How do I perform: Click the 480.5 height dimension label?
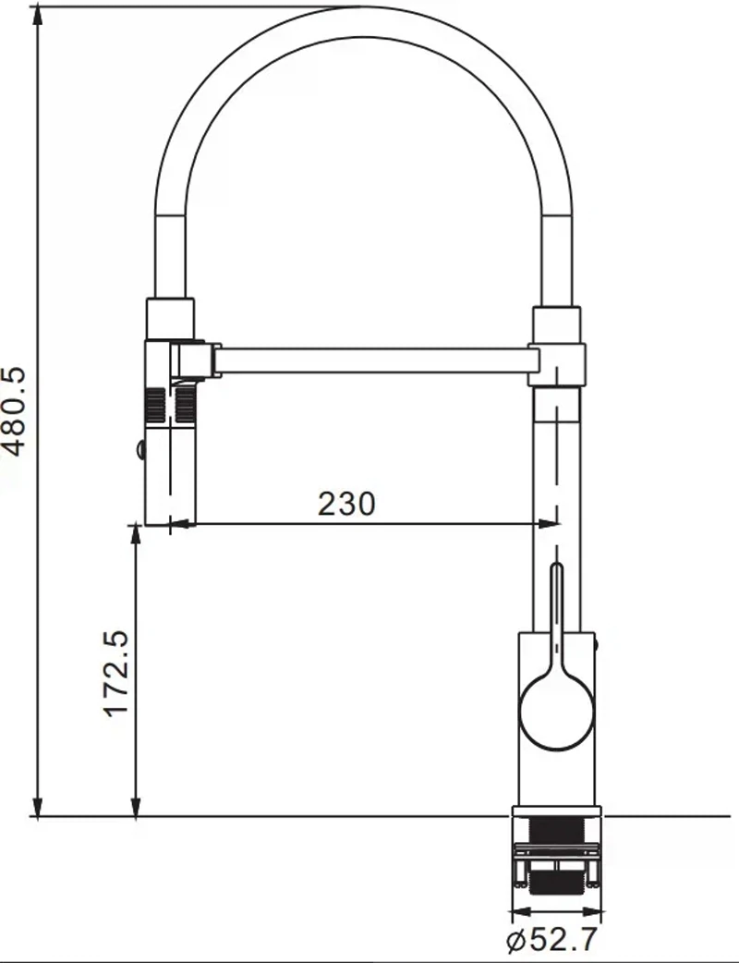pos(14,411)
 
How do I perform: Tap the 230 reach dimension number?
pos(346,504)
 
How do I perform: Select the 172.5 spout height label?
pos(116,674)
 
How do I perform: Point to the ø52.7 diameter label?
pos(551,940)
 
